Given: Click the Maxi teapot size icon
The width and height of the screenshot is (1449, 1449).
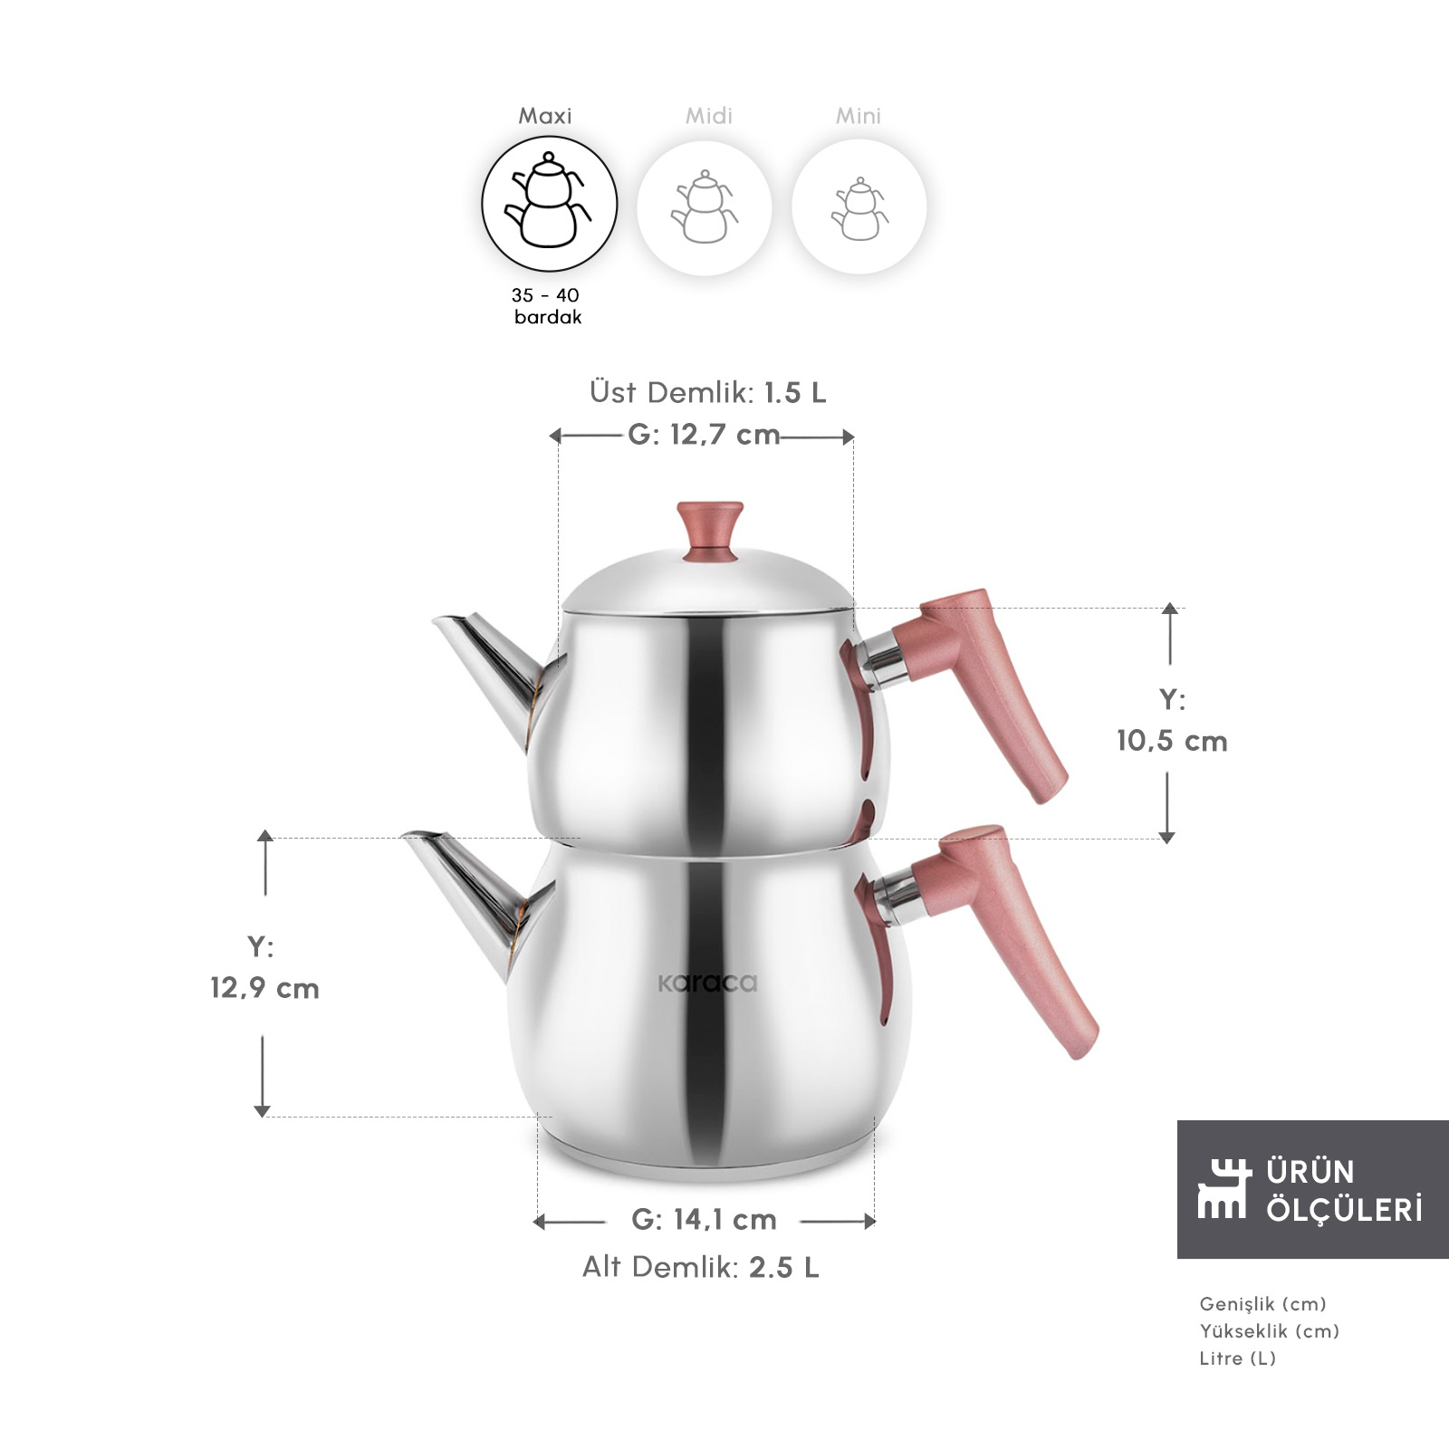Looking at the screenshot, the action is tap(549, 204).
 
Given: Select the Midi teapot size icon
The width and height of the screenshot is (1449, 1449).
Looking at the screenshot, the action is tap(705, 206).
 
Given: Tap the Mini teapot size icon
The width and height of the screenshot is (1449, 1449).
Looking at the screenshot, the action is tap(859, 206).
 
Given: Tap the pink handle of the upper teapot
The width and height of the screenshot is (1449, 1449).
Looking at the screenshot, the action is tap(978, 688).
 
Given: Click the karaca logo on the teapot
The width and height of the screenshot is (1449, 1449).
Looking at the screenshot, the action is tap(707, 983).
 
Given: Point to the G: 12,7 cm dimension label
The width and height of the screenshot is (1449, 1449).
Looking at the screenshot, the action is tap(704, 435).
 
